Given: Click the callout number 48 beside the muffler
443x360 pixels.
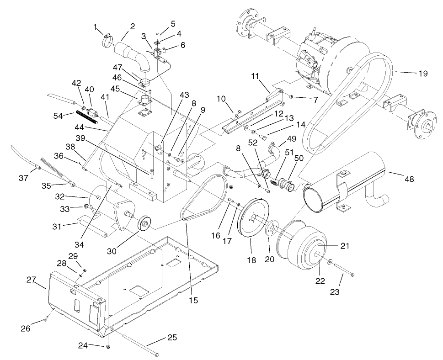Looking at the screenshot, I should pyautogui.click(x=409, y=180).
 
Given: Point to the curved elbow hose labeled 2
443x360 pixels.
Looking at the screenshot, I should pyautogui.click(x=135, y=54).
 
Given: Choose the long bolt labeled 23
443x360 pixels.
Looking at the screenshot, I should pyautogui.click(x=342, y=270).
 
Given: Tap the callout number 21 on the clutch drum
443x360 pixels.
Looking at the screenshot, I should pyautogui.click(x=345, y=246).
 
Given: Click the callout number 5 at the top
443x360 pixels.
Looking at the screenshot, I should pyautogui.click(x=173, y=23).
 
